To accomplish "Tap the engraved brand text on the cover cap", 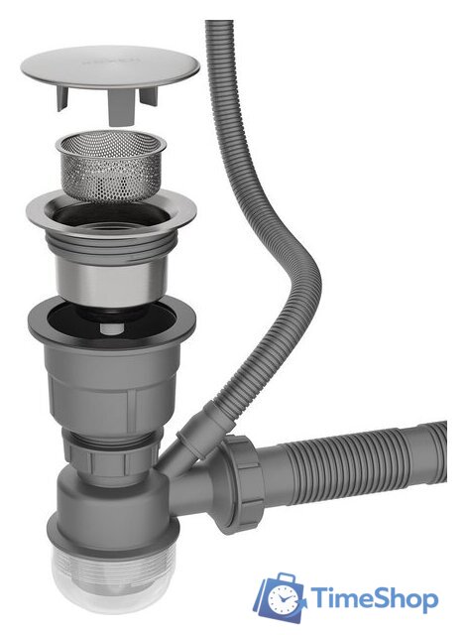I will click(x=108, y=61).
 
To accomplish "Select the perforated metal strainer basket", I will click(x=108, y=163).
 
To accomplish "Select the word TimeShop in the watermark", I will click(x=376, y=599).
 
